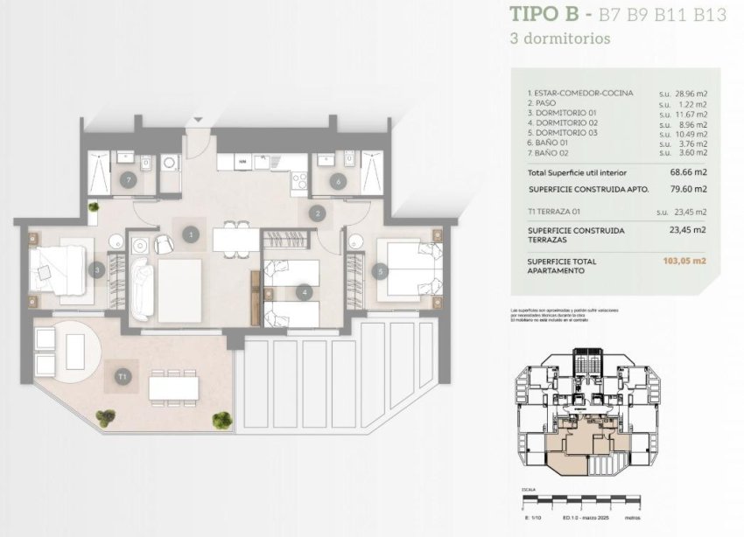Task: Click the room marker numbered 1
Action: coord(190,234)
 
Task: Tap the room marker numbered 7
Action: coord(129,181)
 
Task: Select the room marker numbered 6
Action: coord(337,181)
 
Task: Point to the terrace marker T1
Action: coord(123,377)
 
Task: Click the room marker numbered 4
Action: coord(304,292)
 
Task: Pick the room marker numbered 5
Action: coord(379,271)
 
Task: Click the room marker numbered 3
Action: coord(98,270)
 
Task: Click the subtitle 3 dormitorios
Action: coord(559,38)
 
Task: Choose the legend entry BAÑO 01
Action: coord(551,143)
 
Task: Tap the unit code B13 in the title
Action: coord(708,14)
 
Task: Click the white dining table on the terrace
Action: coord(172,386)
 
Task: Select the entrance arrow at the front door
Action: coord(198,120)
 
